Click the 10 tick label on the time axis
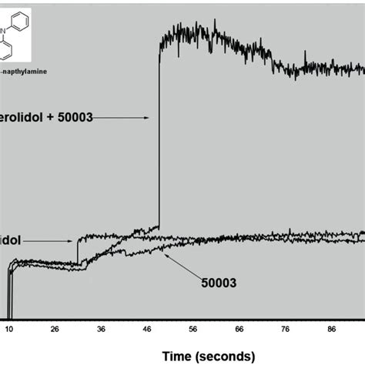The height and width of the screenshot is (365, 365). [x=9, y=328]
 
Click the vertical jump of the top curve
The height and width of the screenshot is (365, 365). [x=159, y=139]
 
